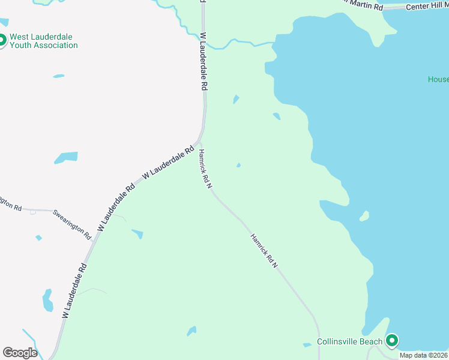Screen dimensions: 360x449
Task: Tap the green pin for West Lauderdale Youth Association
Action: coord(2,41)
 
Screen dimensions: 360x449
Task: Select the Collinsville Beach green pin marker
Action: coord(392,341)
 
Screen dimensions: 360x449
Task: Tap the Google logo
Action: coord(20,352)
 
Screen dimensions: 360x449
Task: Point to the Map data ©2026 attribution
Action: coord(424,355)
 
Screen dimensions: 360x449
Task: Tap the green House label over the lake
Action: coord(438,80)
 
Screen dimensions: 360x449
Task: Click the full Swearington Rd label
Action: coord(72,223)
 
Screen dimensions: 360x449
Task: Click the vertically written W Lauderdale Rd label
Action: coord(204,61)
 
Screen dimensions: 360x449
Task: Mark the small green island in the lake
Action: coord(364,215)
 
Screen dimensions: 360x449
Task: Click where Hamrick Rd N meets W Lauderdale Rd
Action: coord(199,144)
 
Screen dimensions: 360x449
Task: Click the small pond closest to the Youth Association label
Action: coord(58,76)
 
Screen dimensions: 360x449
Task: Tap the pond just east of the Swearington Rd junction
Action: coord(137,233)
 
